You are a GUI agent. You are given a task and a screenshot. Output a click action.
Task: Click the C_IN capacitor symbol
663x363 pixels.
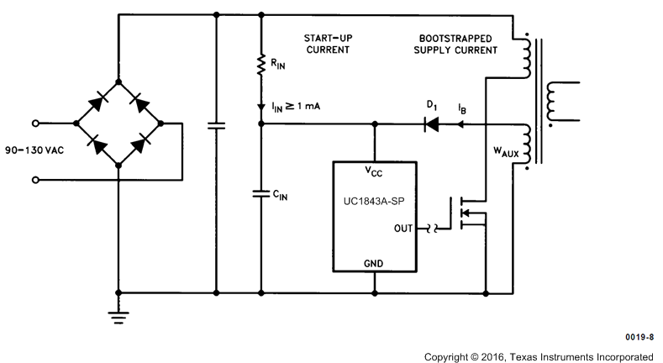262,194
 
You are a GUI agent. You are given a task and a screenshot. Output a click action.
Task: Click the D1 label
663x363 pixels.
432,104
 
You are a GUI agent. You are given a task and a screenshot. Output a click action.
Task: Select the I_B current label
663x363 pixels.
463,109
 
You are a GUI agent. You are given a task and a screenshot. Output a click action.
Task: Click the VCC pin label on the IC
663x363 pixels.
375,171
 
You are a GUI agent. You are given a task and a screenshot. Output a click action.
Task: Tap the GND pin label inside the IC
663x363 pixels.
375,263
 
